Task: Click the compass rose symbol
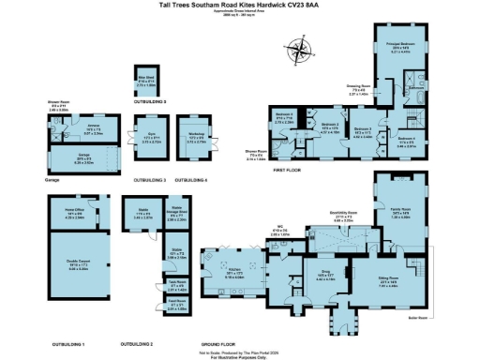300,48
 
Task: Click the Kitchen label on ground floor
235,274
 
